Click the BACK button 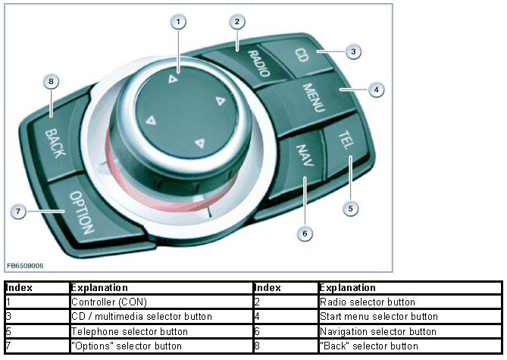pyautogui.click(x=55, y=142)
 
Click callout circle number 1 pyautogui.click(x=178, y=22)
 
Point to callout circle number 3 pyautogui.click(x=352, y=52)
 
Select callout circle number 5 pyautogui.click(x=349, y=206)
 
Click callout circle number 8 pyautogui.click(x=52, y=81)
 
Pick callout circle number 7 pyautogui.click(x=17, y=211)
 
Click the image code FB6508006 pyautogui.click(x=26, y=266)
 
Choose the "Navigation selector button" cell pyautogui.click(x=377, y=331)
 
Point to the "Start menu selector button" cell pyautogui.click(x=378, y=316)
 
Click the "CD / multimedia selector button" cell pyautogui.click(x=141, y=316)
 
